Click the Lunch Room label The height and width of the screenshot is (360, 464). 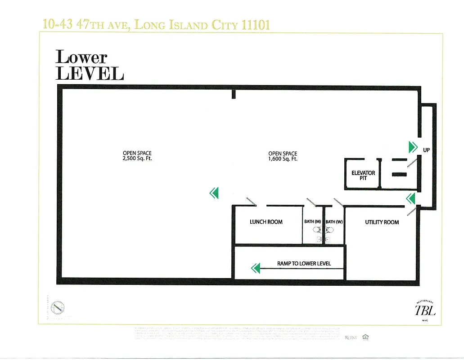[x=266, y=222]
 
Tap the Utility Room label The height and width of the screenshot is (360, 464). [x=382, y=222]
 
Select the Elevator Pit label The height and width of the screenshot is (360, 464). [x=363, y=175]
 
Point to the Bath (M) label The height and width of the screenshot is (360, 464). [x=312, y=222]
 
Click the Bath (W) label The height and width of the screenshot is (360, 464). [x=334, y=222]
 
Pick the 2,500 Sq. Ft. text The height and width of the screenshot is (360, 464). [x=137, y=159]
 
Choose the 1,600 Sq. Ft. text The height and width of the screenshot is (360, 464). [x=283, y=159]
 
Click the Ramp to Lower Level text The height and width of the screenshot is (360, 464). [x=304, y=263]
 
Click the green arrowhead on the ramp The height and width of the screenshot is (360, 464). [x=256, y=269]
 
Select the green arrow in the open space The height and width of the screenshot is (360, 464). [x=214, y=193]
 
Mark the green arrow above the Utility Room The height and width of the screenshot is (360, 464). [x=410, y=198]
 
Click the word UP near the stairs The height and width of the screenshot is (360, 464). [x=426, y=149]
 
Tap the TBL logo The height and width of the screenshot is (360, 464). [x=425, y=310]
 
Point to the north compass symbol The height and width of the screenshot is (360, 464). [x=58, y=308]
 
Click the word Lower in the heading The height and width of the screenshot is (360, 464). [x=81, y=57]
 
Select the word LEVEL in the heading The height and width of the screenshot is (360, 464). [x=90, y=73]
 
